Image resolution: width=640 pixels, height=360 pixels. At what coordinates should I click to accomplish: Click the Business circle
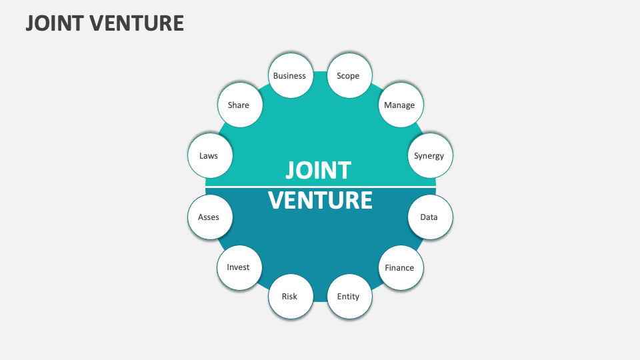[x=289, y=76]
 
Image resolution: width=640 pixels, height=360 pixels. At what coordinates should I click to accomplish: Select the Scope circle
[x=348, y=76]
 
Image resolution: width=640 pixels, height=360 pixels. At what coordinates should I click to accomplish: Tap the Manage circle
[x=399, y=105]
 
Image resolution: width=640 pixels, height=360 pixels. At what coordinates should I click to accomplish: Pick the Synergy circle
[x=429, y=156]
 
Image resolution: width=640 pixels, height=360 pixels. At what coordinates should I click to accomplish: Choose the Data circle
[x=429, y=217]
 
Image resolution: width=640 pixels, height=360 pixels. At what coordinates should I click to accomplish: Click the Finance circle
[x=399, y=268]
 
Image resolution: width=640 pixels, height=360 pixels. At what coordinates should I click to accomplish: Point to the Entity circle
[x=348, y=297]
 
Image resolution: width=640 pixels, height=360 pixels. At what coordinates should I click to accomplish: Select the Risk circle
[x=289, y=297]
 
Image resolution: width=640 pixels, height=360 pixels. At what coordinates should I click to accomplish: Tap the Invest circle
[x=238, y=267]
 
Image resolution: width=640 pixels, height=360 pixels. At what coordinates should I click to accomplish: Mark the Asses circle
[x=209, y=217]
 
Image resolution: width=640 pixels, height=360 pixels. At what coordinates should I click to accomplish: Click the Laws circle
[x=209, y=156]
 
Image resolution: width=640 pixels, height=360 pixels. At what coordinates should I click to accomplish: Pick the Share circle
[x=238, y=105]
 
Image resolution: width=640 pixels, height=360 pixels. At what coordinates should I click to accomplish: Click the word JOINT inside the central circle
[x=318, y=171]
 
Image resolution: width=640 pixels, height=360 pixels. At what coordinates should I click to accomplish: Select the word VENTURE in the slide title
[x=137, y=23]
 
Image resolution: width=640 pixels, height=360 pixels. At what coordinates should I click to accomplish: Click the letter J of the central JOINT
[x=290, y=171]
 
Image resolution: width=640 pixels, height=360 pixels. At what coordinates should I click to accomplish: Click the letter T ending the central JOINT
[x=343, y=171]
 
